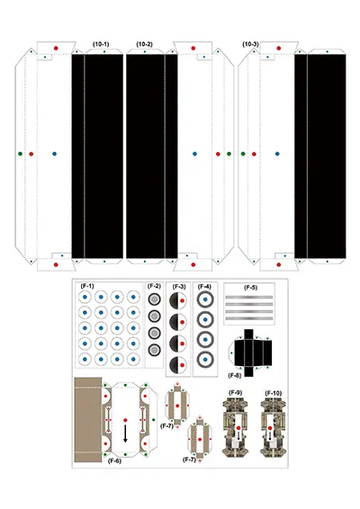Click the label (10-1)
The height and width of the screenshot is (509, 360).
click(x=101, y=44)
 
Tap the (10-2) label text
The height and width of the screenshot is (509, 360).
click(x=144, y=44)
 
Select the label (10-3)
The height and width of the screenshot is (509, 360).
click(x=250, y=44)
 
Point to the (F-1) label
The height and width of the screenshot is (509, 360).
click(x=87, y=286)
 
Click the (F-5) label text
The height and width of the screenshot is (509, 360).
click(x=250, y=288)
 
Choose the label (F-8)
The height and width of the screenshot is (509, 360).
click(x=235, y=375)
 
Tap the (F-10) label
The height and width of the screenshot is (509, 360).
click(x=274, y=393)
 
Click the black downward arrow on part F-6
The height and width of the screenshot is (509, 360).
click(x=125, y=433)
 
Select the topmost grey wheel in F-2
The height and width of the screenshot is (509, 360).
click(x=154, y=299)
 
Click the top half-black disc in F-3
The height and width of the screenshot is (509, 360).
click(x=178, y=300)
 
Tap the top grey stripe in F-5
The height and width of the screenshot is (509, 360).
click(x=249, y=297)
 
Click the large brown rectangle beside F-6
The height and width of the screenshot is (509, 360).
click(x=88, y=419)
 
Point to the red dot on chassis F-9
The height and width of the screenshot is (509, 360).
click(x=238, y=428)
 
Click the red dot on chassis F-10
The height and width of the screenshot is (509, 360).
click(x=270, y=428)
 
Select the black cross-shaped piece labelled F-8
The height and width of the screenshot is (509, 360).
click(x=249, y=353)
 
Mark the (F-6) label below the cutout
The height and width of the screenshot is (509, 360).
click(x=114, y=460)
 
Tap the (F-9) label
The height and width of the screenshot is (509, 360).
click(x=235, y=392)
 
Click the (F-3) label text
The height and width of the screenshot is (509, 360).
click(x=179, y=287)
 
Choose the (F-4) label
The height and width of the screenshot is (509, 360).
click(x=204, y=287)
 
